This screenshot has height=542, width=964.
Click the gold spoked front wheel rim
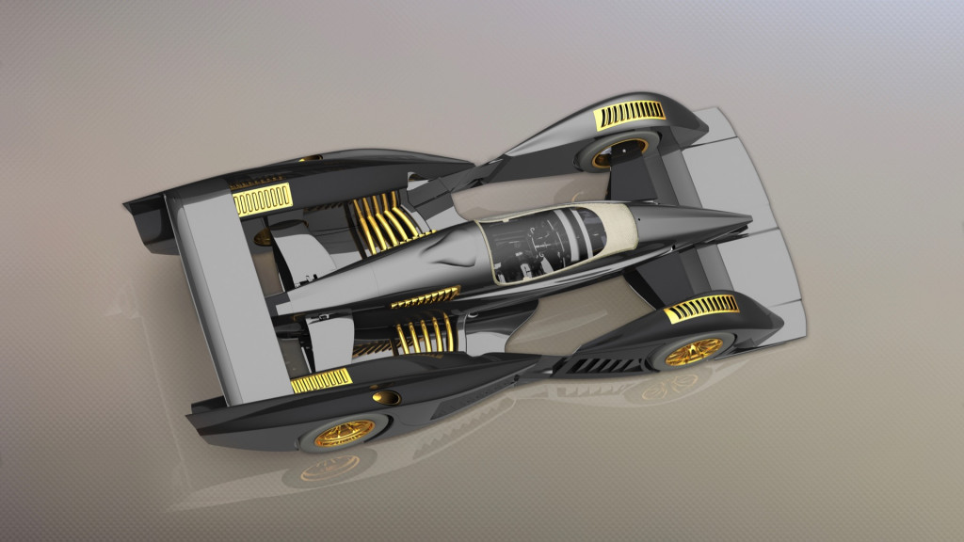pos(695,349)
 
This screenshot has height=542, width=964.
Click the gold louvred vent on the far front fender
pos(632,114)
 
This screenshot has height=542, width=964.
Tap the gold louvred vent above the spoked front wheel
pos(702,309)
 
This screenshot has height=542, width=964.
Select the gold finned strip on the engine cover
pos(425,298)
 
